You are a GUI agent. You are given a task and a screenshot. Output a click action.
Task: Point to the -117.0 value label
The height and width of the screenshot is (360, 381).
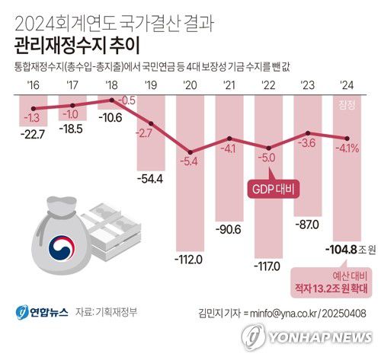pyautogui.click(x=268, y=267)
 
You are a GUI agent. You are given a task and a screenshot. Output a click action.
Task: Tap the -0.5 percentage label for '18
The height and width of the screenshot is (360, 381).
pyautogui.click(x=127, y=100)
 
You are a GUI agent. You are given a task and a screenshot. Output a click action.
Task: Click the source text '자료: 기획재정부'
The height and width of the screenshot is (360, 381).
pyautogui.click(x=107, y=311)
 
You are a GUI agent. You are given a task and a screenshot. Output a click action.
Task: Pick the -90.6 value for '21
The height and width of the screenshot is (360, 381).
pyautogui.click(x=228, y=228)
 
